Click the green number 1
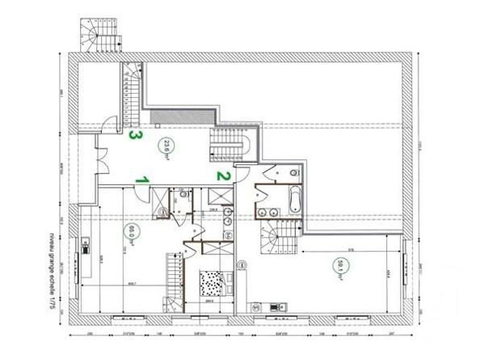click(x=141, y=179)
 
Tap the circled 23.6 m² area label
click(x=169, y=147)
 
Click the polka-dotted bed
click(x=212, y=286)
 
